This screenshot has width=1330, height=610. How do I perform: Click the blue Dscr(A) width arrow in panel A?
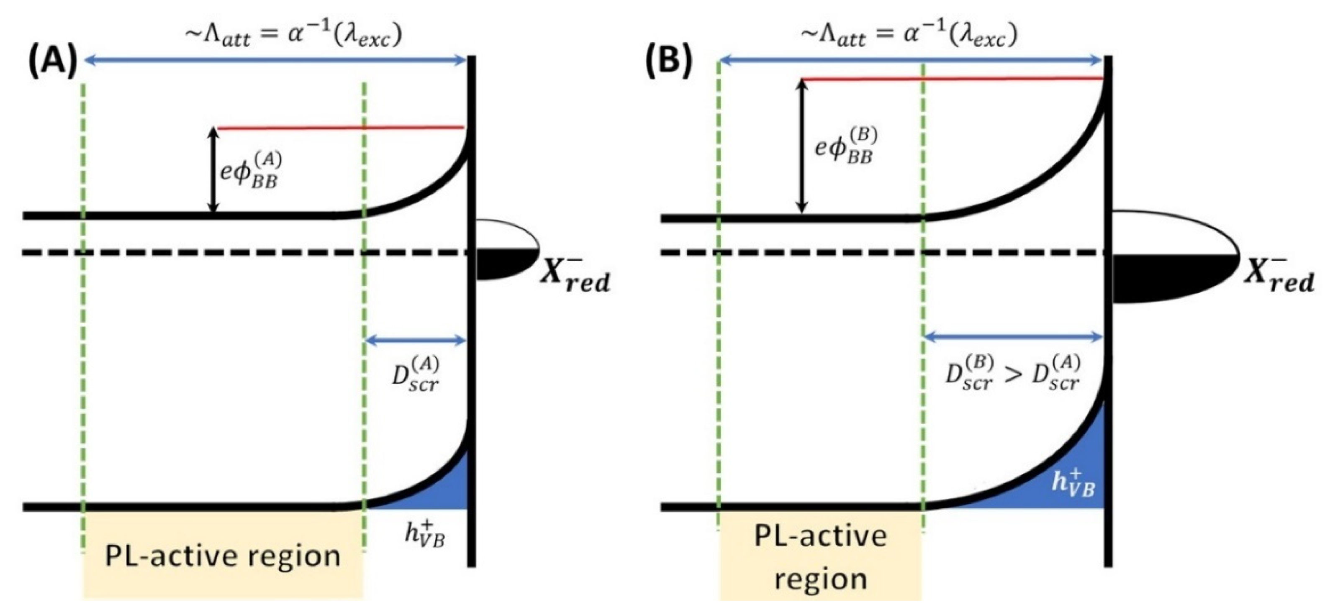(416, 340)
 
